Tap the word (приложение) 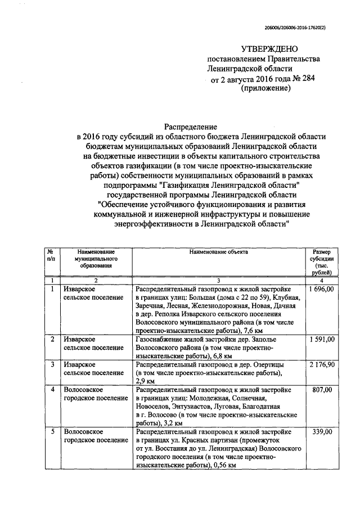pos(265,88)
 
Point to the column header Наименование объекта pos(218,251)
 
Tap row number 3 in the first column pos(52,364)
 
